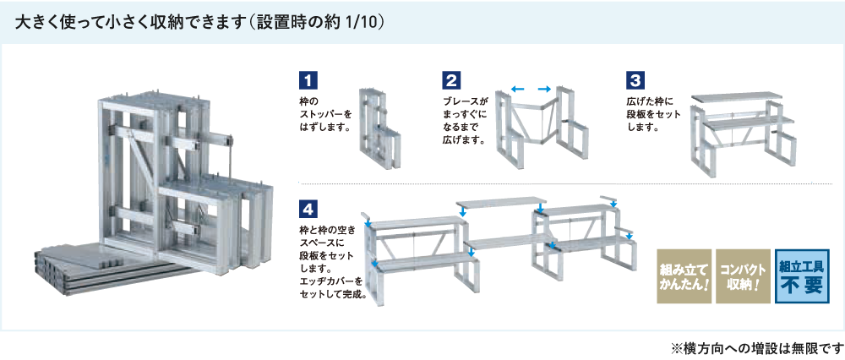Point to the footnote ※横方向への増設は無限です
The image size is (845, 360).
[756, 347]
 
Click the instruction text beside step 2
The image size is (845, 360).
[466, 120]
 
